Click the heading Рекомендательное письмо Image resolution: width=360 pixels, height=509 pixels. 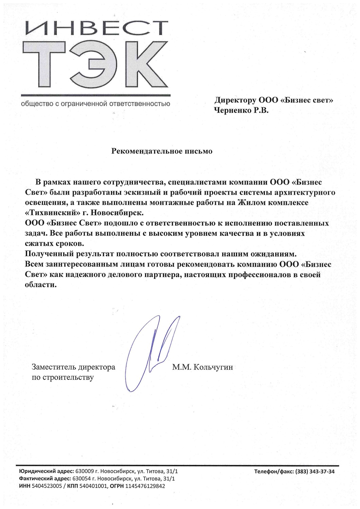click(x=162, y=151)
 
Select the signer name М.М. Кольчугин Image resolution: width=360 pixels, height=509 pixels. click(x=203, y=367)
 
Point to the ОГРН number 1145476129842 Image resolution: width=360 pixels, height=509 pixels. click(x=145, y=486)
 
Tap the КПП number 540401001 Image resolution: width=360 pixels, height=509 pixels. click(x=94, y=486)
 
